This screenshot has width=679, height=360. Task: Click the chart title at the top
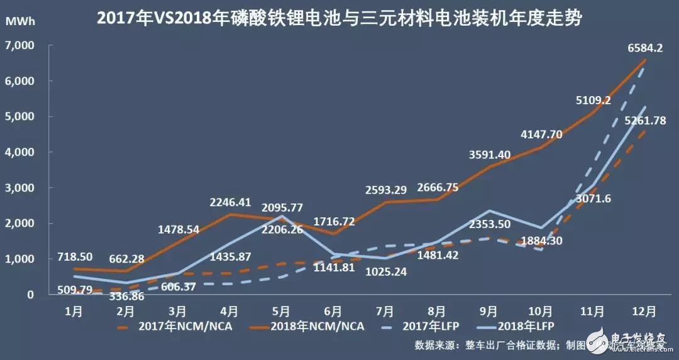coord(339,18)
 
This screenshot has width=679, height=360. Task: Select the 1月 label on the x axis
coord(74,311)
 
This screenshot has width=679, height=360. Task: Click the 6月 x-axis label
coord(333,311)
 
